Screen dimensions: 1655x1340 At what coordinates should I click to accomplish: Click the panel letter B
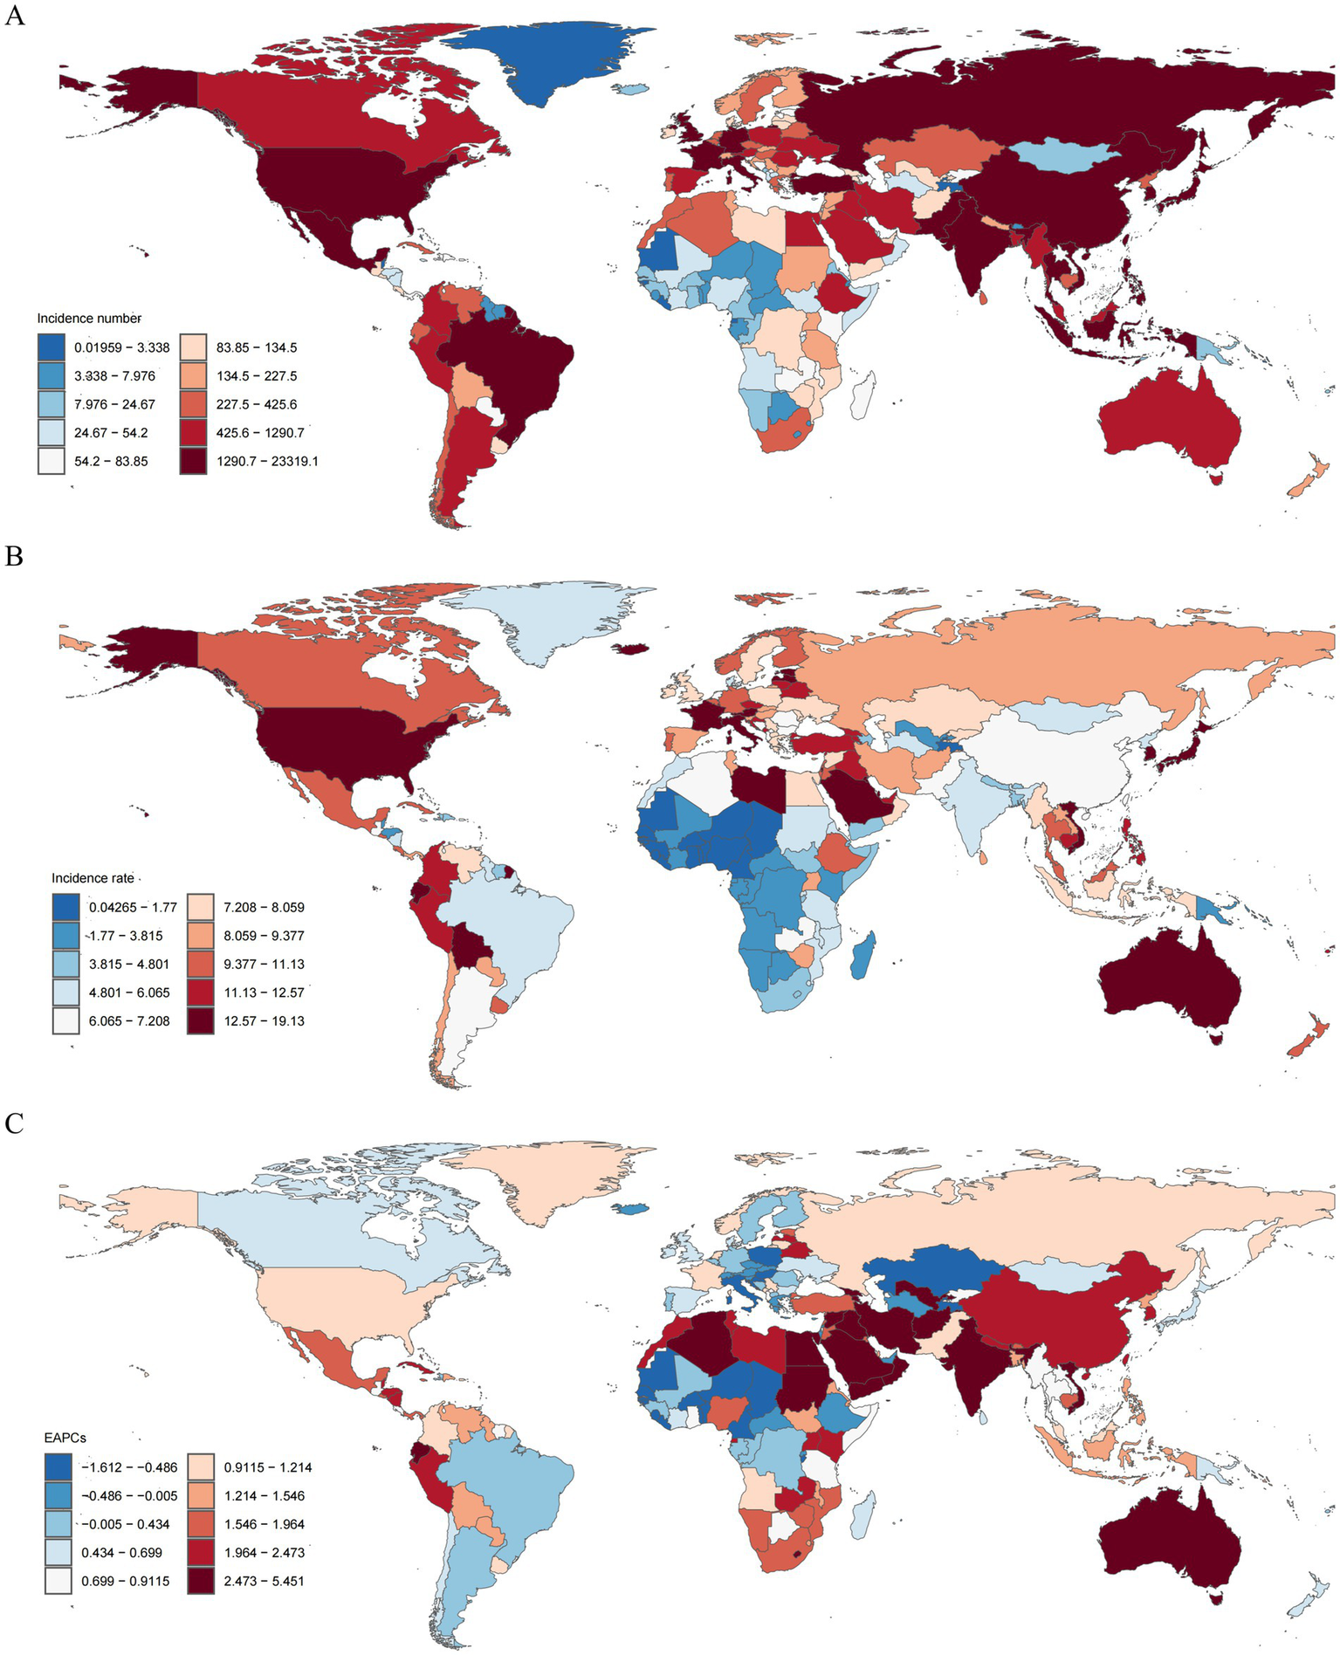click(14, 555)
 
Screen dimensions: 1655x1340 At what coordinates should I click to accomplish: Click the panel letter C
click(14, 1123)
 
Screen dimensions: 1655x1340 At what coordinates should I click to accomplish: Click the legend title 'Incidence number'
click(89, 319)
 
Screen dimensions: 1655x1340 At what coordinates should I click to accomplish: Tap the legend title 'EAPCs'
click(65, 1437)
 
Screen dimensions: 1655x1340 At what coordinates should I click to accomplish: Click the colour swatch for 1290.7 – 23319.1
click(193, 461)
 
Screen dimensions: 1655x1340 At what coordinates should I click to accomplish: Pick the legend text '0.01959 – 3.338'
click(121, 347)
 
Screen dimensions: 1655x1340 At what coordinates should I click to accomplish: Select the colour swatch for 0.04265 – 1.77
click(65, 907)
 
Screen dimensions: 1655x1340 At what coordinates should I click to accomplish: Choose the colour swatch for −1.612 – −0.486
click(58, 1467)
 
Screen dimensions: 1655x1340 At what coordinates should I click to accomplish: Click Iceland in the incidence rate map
click(635, 649)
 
